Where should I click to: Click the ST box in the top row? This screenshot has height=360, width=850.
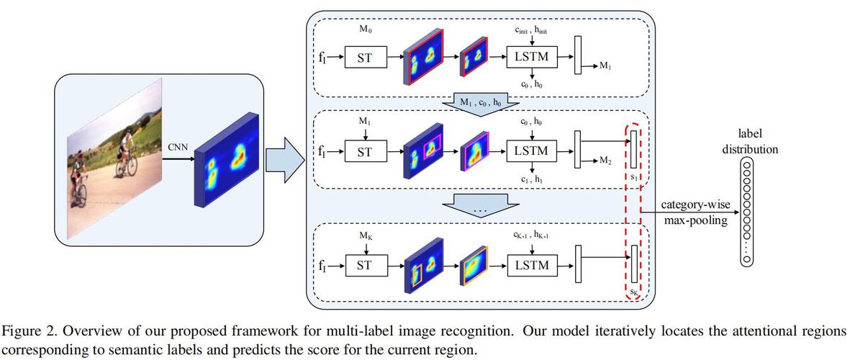click(x=365, y=58)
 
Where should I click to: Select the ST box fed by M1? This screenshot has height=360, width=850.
click(x=365, y=151)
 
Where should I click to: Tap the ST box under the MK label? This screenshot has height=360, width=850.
click(x=365, y=265)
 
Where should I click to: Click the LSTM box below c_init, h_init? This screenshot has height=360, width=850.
click(x=531, y=58)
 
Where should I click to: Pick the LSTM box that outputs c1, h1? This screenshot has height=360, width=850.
click(x=531, y=151)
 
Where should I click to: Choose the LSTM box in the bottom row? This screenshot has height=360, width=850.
click(x=531, y=265)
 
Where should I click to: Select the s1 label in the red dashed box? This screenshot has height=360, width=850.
click(x=634, y=177)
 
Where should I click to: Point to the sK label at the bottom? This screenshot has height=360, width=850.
click(x=634, y=292)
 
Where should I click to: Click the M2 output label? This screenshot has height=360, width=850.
click(x=607, y=161)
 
